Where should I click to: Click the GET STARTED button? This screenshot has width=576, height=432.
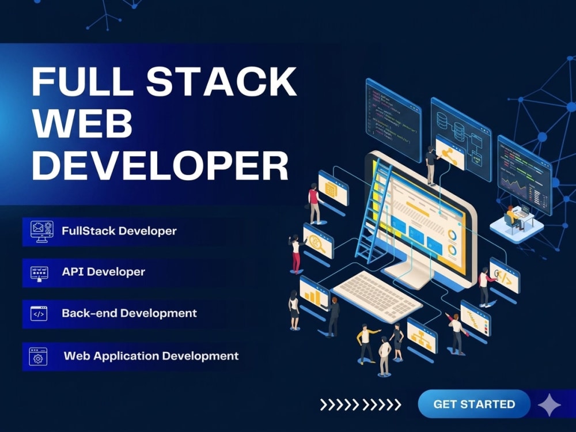click(474, 404)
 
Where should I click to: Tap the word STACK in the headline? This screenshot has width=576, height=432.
click(222, 81)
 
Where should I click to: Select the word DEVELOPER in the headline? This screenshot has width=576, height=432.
click(160, 165)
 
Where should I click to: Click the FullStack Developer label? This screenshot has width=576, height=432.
click(119, 231)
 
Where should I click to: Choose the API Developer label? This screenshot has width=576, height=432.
click(103, 272)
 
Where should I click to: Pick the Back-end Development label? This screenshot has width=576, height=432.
click(129, 313)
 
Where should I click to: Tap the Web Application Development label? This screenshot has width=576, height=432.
click(151, 356)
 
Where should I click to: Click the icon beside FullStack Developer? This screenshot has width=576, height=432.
click(41, 232)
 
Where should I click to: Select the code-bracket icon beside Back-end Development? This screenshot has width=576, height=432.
click(39, 314)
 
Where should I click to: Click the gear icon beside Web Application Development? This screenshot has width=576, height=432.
click(38, 357)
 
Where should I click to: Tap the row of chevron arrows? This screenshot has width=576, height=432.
click(361, 405)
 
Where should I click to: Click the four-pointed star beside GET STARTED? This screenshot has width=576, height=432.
click(549, 405)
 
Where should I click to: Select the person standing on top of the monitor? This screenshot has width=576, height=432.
click(430, 165)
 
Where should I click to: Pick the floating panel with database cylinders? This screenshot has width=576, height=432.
click(461, 139)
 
